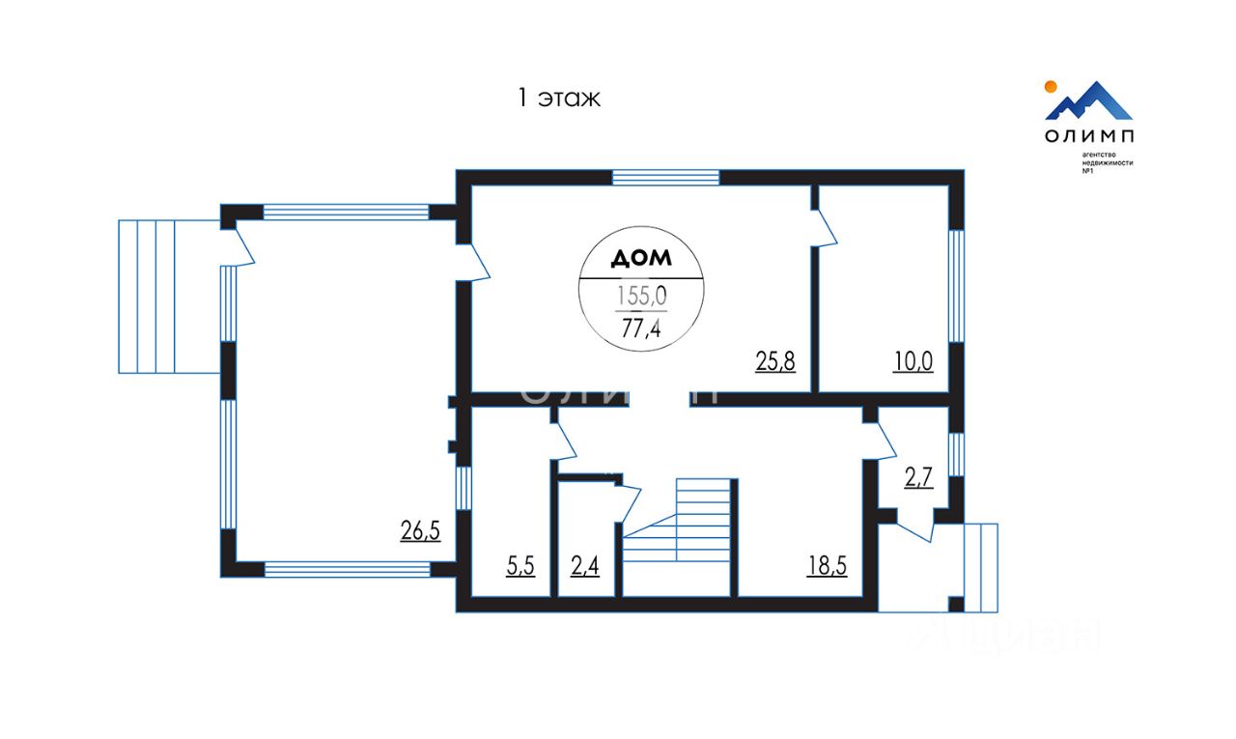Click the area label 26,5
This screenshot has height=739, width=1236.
coord(420,529)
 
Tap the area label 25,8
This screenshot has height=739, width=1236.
coord(775,362)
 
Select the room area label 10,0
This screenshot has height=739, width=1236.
coord(913,362)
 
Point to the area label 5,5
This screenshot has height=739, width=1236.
coord(520,567)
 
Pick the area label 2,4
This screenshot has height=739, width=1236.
coord(585,567)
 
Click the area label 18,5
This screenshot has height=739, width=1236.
coord(828,567)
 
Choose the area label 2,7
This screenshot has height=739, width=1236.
coord(918,477)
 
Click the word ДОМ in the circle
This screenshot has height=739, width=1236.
coord(641,259)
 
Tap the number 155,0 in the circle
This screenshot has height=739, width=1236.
coord(641,296)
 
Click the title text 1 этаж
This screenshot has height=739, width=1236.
coord(559,98)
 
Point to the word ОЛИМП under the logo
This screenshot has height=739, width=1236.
coord(1089,136)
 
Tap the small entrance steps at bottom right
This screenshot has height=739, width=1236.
coord(981,567)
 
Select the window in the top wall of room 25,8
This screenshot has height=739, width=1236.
coord(666,177)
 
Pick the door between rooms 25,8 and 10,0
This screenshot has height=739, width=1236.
coord(823,229)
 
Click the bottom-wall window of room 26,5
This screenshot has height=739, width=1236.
coord(347,569)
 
